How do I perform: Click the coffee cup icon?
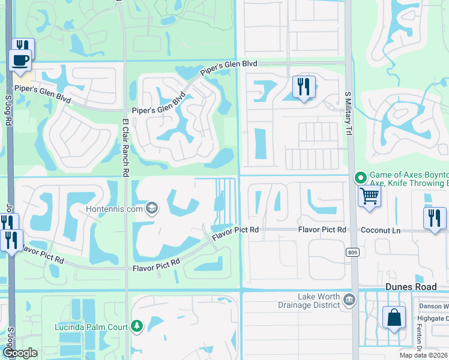pyautogui.click(x=20, y=61)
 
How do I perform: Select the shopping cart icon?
pyautogui.click(x=369, y=196)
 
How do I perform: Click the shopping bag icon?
pyautogui.click(x=394, y=319)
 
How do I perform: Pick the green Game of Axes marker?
pyautogui.click(x=360, y=177)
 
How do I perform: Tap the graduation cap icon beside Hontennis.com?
pyautogui.click(x=151, y=208)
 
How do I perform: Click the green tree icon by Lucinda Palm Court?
pyautogui.click(x=137, y=326)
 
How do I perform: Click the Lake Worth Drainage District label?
pyautogui.click(x=319, y=301)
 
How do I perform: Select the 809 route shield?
pyautogui.click(x=352, y=253)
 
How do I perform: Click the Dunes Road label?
pyautogui.click(x=410, y=287)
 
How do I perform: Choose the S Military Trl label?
pyautogui.click(x=348, y=115)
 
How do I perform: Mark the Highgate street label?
pyautogui.click(x=433, y=318)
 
